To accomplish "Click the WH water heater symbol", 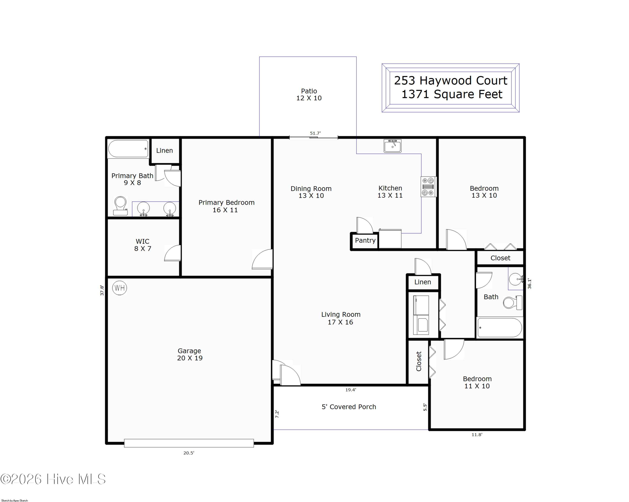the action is pos(120,288).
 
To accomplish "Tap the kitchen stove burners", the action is pos(428,186).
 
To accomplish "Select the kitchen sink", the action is pos(392,146).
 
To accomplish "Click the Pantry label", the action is pos(365,240).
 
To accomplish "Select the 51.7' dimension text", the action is pos(315,133).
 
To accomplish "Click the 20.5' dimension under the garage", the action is pos(189,453).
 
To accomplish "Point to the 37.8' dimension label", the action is pos(102,290).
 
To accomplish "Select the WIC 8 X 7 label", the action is pos(143,245).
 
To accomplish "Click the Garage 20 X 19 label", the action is pos(190,354).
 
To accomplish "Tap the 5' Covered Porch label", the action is pos(349,407).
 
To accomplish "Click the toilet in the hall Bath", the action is pos(513,302).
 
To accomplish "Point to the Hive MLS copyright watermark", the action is pos(53,479).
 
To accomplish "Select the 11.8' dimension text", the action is pos(477,435).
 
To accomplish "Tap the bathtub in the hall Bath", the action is pos(500,327).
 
